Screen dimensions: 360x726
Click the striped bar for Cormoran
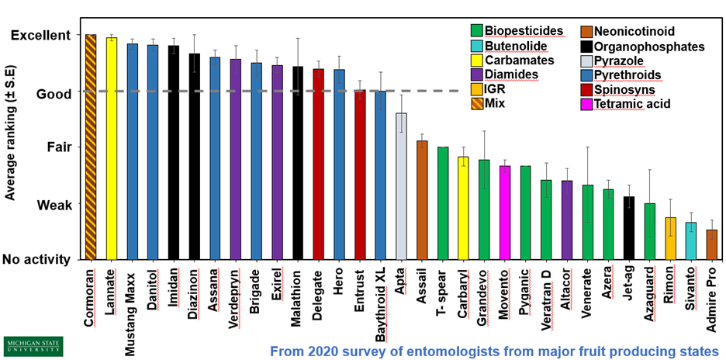(91, 147)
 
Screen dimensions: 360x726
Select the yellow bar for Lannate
(112, 148)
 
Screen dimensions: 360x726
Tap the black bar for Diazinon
(195, 156)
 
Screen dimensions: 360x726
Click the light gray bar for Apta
(401, 185)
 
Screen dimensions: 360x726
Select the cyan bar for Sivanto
(691, 241)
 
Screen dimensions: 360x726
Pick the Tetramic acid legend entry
(634, 104)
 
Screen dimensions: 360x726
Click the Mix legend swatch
(478, 104)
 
